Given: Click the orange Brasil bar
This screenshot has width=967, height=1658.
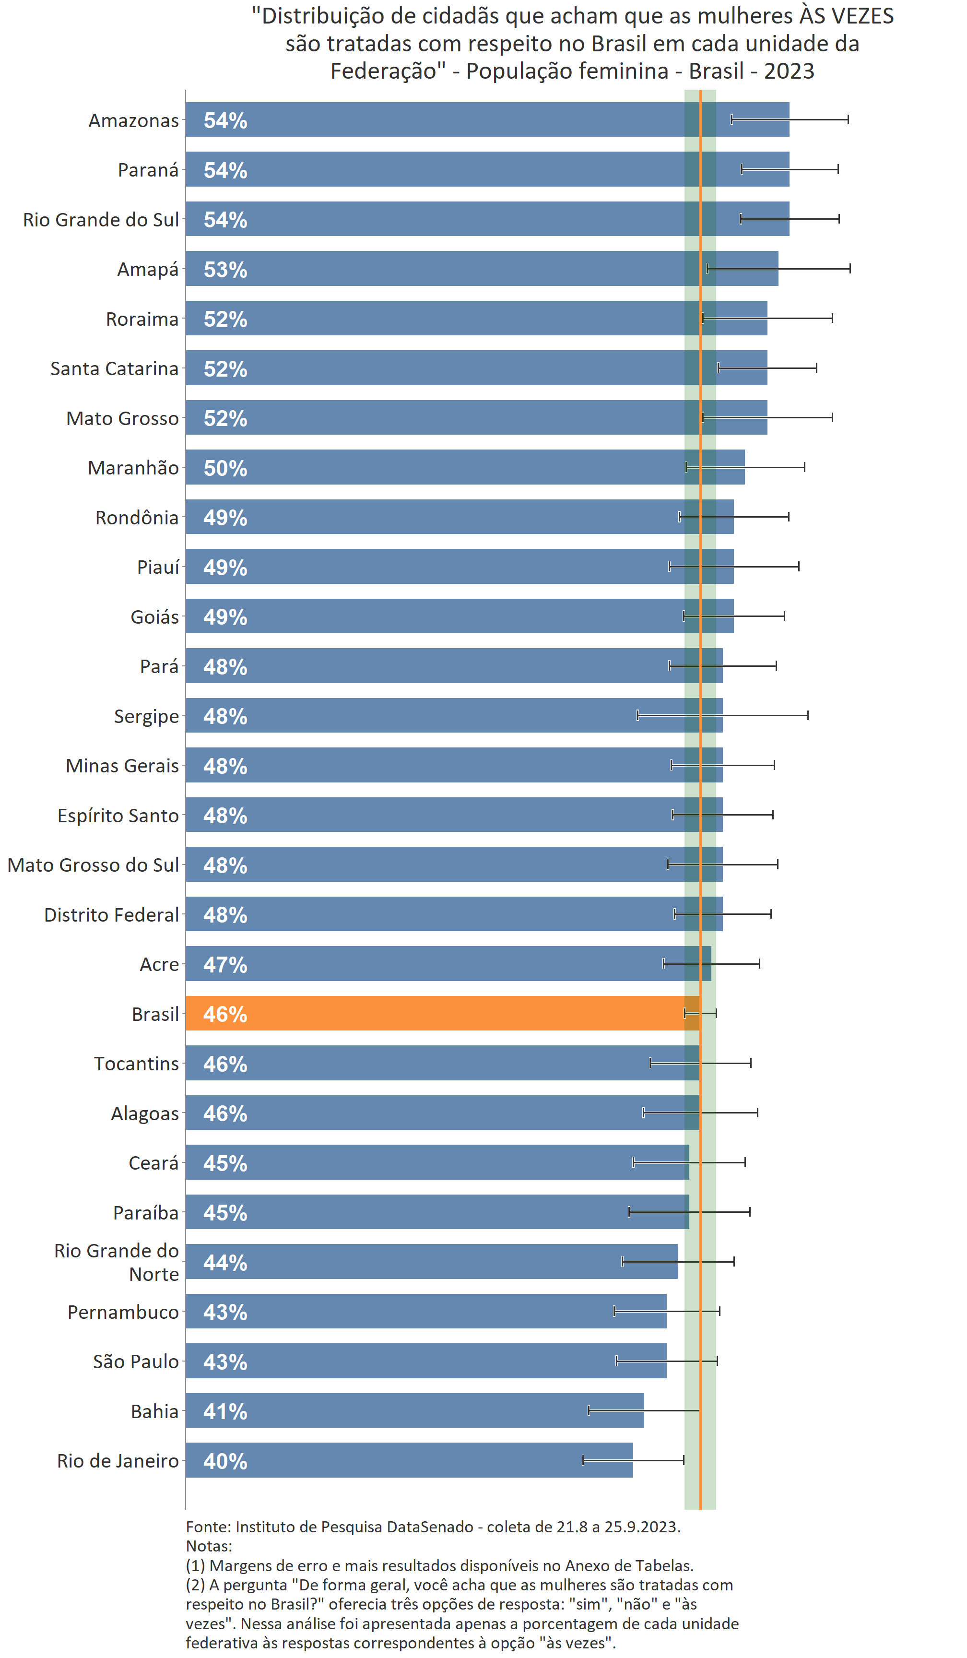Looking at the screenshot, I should click(x=434, y=1013).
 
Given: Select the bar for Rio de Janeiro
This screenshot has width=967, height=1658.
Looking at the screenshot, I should click(x=408, y=1461).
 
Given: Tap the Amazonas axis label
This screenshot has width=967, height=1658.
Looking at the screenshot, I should click(x=133, y=120).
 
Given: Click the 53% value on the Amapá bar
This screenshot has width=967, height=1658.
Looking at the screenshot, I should click(x=225, y=269).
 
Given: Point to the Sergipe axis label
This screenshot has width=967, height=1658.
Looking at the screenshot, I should click(x=146, y=716).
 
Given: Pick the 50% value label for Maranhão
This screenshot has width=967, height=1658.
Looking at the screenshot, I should click(x=225, y=468).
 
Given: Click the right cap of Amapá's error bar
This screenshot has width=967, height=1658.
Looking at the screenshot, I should click(x=850, y=269).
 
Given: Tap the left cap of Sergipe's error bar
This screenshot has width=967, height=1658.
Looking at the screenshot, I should click(x=637, y=715).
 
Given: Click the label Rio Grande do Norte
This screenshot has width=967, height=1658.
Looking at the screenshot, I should click(x=117, y=1262).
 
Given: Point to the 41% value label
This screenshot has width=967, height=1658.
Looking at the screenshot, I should click(x=225, y=1411).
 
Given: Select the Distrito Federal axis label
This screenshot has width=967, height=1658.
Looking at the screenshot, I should click(x=111, y=914).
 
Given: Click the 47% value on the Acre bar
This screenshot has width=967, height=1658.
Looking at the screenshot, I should click(x=225, y=965).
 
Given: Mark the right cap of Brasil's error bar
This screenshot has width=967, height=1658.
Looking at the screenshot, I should click(x=716, y=1013).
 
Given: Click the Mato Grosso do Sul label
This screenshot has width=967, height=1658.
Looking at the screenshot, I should click(x=93, y=865).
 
